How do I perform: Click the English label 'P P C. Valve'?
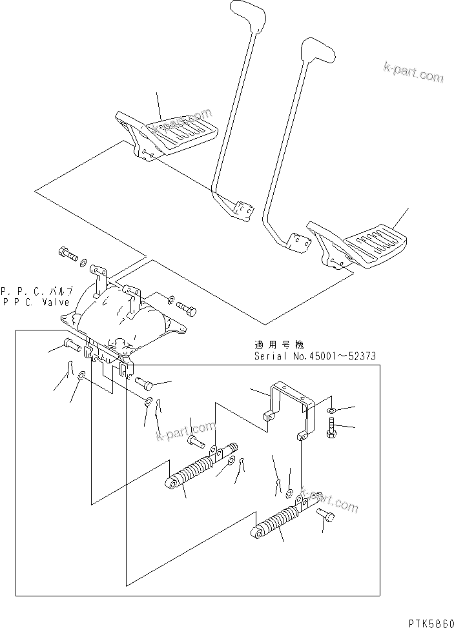pos(36,301)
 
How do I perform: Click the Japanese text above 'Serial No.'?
pos(278,345)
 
